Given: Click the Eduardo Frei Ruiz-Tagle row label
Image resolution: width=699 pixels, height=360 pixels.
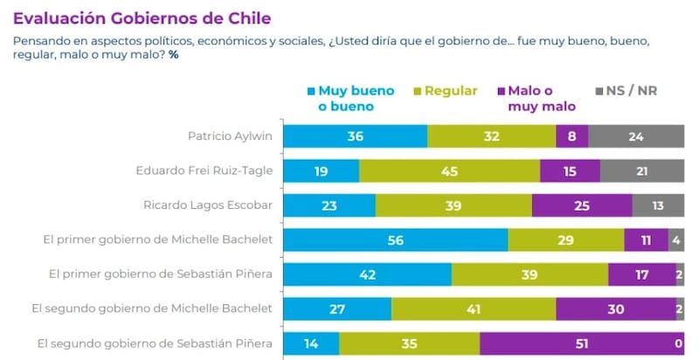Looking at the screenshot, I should click(x=205, y=170).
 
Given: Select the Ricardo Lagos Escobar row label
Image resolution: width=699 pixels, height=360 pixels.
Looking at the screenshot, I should click(x=208, y=205).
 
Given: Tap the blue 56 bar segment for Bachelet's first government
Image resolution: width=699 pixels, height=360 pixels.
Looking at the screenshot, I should click(x=396, y=239).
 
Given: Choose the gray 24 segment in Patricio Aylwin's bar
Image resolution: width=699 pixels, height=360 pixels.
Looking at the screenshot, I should click(x=636, y=136).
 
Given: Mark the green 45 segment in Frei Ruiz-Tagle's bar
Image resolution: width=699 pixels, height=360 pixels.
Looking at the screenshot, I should click(x=449, y=170).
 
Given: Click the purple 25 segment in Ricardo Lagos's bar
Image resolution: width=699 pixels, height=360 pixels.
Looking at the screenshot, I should click(x=581, y=205).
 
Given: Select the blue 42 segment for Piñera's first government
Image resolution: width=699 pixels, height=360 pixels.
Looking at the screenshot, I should click(x=368, y=274).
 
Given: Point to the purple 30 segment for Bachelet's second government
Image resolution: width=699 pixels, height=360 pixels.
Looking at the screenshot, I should click(x=614, y=308).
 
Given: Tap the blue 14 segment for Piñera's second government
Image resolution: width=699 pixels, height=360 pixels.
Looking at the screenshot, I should click(x=311, y=343).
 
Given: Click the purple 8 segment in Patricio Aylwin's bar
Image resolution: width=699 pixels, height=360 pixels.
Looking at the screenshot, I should click(x=571, y=136).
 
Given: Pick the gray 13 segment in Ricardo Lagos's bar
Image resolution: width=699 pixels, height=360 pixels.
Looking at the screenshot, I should click(x=658, y=205).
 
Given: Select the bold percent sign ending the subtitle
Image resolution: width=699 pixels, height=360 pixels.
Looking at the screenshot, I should click(x=173, y=55).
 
